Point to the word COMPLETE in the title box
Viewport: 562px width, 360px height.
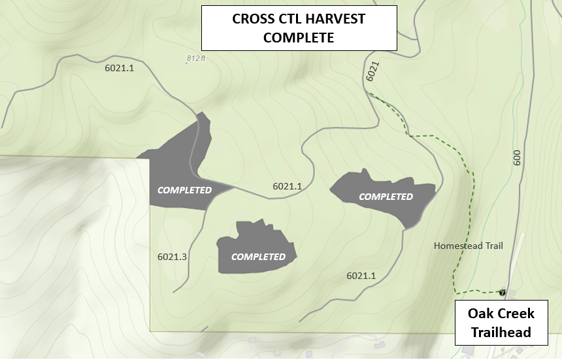[299, 38]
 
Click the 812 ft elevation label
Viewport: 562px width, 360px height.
[196, 58]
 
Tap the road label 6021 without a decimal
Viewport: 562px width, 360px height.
[372, 71]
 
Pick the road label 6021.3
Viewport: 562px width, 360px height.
[173, 257]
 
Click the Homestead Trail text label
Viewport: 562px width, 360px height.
[469, 246]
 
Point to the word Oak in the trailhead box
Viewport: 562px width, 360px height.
[480, 314]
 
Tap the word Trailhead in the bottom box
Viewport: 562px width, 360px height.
[501, 332]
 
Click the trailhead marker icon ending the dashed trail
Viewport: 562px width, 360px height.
[503, 292]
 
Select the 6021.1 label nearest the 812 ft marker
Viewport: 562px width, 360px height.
[119, 67]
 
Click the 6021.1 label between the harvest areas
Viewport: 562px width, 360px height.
[288, 186]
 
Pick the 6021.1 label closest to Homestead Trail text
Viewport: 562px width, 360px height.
[361, 276]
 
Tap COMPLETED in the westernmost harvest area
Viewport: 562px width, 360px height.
[185, 190]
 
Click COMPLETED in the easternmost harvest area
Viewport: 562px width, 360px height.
[386, 196]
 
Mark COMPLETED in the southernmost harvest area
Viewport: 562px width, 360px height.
[258, 256]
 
